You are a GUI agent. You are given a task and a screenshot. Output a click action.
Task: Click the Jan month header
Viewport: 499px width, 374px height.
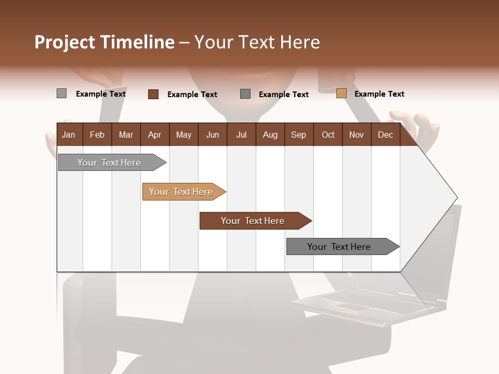[x=69, y=135]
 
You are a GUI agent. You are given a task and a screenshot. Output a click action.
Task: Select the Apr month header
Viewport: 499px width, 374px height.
[x=154, y=135]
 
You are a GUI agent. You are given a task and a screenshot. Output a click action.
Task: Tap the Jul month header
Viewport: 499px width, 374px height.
[x=241, y=135]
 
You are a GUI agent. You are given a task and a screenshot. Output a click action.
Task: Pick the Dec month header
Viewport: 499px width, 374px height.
[x=385, y=135]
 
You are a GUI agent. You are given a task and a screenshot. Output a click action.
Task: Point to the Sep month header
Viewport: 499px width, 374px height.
[x=298, y=135]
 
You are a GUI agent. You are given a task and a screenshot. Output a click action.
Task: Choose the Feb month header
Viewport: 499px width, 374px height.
[x=97, y=135]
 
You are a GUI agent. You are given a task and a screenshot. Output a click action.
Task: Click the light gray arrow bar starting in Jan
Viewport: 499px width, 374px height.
[x=109, y=163]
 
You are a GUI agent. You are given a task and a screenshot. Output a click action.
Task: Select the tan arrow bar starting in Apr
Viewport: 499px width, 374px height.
[x=181, y=192]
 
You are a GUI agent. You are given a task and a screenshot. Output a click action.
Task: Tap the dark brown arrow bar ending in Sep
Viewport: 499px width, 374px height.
[x=253, y=221]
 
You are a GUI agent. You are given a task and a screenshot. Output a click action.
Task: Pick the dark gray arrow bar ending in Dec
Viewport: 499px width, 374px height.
[x=339, y=247]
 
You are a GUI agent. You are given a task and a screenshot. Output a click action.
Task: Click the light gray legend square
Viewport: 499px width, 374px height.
[x=61, y=94]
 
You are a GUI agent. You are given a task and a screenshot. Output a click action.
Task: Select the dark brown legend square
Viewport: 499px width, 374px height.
[x=153, y=94]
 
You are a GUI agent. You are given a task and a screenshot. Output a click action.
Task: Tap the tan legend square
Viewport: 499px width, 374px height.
[x=341, y=94]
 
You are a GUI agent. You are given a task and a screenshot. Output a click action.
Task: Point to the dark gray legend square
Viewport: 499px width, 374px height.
[x=245, y=94]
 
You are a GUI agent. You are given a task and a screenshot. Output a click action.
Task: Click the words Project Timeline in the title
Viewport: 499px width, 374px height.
[x=104, y=42]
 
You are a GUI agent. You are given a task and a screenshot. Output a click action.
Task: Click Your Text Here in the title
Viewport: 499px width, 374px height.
[x=257, y=42]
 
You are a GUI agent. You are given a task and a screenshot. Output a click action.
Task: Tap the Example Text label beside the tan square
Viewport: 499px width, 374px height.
[x=379, y=94]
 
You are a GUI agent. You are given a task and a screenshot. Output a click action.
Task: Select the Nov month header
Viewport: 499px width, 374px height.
[x=356, y=135]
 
